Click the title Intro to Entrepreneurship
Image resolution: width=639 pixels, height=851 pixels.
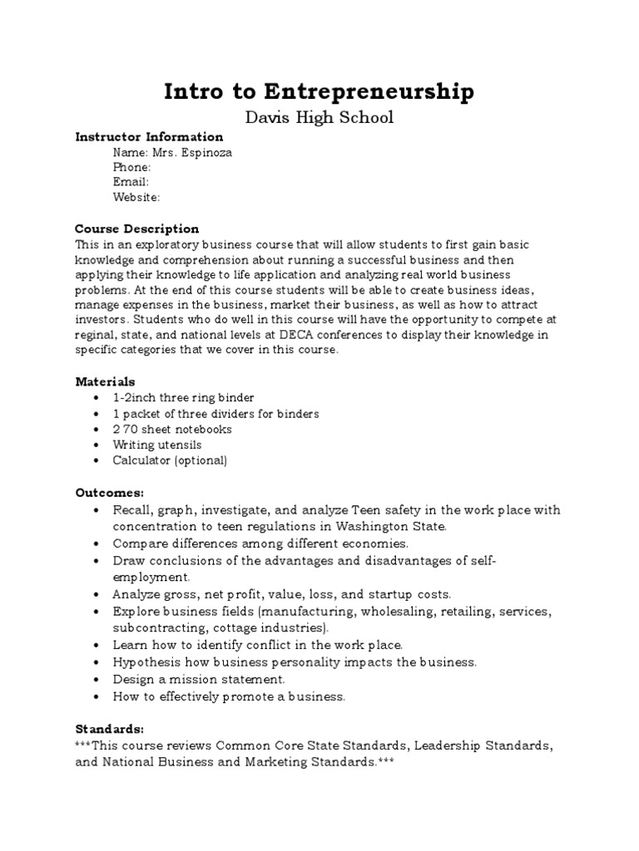click(x=319, y=91)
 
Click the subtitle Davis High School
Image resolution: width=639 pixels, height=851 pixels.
click(x=319, y=117)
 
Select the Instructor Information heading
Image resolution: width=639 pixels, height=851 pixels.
click(x=149, y=137)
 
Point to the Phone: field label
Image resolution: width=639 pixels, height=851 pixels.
click(x=131, y=167)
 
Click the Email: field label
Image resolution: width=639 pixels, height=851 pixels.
click(x=131, y=182)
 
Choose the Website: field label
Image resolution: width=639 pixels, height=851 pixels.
click(x=136, y=197)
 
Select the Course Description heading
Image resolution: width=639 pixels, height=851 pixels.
click(x=136, y=229)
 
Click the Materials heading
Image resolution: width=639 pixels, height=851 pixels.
click(x=105, y=381)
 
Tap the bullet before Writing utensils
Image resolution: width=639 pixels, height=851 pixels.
click(x=97, y=445)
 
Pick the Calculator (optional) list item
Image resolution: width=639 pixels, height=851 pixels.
click(x=170, y=460)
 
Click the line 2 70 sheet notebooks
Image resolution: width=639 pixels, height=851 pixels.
click(x=172, y=430)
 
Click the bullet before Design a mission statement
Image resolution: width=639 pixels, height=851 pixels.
click(x=97, y=680)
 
